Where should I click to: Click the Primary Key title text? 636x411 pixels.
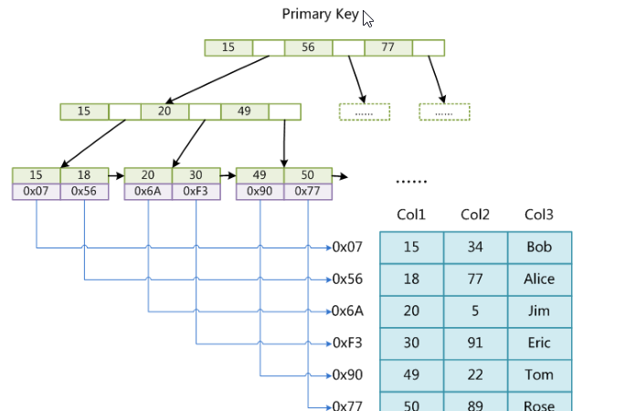coord(320,14)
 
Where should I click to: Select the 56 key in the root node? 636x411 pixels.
coord(308,47)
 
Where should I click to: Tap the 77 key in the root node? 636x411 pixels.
coord(387,47)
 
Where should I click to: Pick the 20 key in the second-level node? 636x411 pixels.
coord(164,111)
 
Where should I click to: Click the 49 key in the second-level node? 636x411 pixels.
coord(244,111)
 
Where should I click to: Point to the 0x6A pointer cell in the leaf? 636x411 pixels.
coord(148,192)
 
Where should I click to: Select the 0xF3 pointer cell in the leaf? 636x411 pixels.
coord(196,192)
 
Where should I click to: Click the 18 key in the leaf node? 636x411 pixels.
coord(84,175)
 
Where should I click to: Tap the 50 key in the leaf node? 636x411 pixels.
coord(307,175)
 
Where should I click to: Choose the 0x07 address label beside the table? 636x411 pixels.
coord(347,247)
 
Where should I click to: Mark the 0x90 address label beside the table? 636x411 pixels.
coord(347,374)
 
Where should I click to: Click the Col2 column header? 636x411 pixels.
coord(475,215)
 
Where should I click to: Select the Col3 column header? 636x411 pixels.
coord(539,215)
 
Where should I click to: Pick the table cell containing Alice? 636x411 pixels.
coord(539,279)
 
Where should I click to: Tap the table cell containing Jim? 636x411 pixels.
coord(539,311)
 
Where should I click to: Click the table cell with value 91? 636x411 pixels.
coord(475,343)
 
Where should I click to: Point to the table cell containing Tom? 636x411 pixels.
coord(539,375)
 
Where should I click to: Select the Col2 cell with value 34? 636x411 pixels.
coord(475,248)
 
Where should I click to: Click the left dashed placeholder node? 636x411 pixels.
coord(365,112)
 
